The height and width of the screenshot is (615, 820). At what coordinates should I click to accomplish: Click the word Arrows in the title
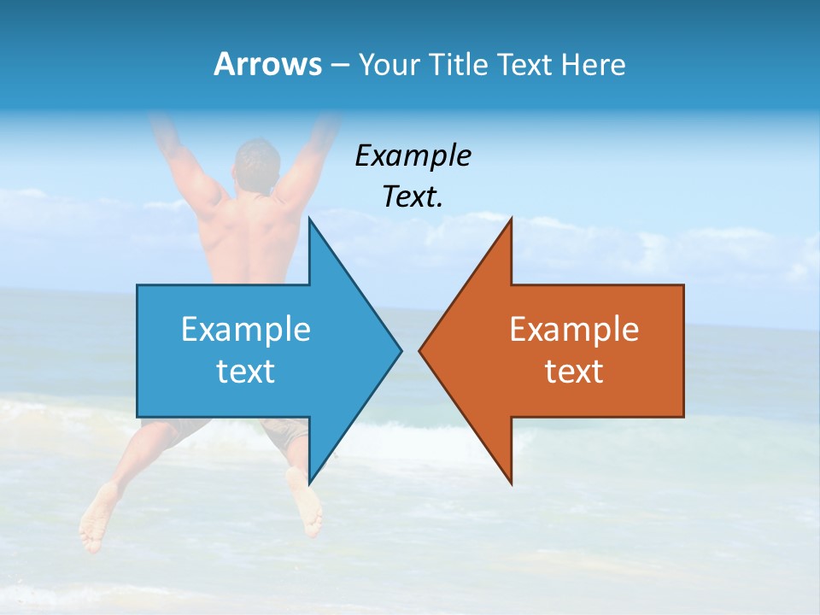click(267, 64)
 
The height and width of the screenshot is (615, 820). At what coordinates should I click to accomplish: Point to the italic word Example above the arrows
click(413, 156)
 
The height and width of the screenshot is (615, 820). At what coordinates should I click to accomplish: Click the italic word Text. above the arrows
click(413, 197)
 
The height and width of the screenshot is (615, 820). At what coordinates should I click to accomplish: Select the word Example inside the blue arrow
click(246, 330)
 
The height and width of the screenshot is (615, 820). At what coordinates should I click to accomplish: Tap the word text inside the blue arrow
click(246, 372)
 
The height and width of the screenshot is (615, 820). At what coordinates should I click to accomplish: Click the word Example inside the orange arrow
click(574, 330)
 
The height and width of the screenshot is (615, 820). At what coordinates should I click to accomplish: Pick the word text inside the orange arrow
click(574, 372)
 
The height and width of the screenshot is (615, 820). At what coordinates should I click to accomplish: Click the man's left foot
click(97, 517)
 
